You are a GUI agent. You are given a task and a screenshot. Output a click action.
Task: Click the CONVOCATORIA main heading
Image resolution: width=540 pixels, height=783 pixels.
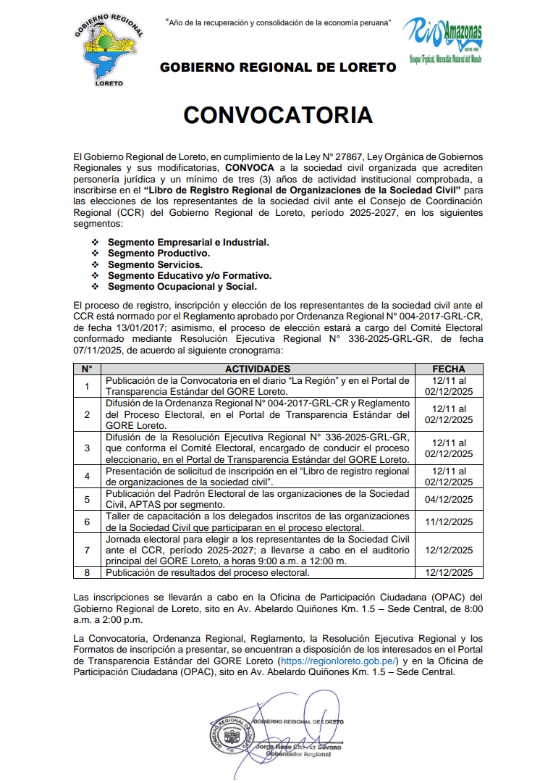(x=278, y=114)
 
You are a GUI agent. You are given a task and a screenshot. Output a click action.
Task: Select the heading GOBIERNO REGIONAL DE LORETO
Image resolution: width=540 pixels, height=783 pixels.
(x=277, y=67)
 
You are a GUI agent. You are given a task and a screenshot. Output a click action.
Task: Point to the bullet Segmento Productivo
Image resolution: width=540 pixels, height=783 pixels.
(x=159, y=254)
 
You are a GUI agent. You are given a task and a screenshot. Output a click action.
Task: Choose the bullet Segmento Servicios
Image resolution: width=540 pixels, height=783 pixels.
(x=155, y=264)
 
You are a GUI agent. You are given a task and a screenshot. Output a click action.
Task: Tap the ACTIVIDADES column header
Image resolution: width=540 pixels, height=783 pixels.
(x=258, y=369)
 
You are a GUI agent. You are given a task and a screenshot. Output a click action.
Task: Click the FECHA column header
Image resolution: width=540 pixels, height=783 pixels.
(x=448, y=369)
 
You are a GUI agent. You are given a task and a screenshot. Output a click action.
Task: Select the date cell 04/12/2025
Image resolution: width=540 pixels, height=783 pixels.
(x=448, y=499)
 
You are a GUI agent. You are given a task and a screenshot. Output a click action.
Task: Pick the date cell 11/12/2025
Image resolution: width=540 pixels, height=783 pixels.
(x=448, y=522)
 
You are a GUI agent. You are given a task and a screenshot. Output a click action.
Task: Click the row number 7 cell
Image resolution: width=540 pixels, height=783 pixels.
(x=87, y=550)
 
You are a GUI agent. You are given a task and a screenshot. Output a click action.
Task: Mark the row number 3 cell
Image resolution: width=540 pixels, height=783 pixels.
(x=87, y=448)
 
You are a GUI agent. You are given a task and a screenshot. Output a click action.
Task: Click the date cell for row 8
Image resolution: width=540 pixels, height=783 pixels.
(x=448, y=572)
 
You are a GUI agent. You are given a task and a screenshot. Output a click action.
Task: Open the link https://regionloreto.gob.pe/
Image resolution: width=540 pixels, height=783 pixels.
(x=339, y=662)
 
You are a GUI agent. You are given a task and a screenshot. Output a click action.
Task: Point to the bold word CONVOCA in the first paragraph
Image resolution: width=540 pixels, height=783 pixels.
(x=247, y=167)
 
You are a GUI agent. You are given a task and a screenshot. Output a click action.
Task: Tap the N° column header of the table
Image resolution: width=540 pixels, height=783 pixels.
(x=87, y=369)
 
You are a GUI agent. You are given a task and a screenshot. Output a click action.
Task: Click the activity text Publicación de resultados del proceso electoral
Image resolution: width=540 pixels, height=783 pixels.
(x=208, y=572)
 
